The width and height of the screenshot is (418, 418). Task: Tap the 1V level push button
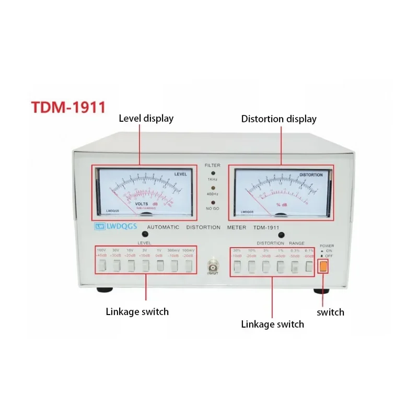160,265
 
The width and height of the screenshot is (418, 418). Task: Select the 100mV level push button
189,265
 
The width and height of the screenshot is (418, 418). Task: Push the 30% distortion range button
237,267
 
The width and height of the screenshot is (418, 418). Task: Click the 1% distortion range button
281,267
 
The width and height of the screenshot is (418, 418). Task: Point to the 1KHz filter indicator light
213,172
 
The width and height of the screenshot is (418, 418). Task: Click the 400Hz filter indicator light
213,185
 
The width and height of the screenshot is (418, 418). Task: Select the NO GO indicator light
213,200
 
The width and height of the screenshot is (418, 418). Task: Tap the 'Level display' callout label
146,119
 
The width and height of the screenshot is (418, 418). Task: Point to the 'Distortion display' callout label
278,119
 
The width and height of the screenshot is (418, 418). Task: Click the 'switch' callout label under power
330,312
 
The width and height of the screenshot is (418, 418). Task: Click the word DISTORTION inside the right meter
311,175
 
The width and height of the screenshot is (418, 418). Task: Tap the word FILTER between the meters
213,165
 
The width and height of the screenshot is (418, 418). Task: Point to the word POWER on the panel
327,246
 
